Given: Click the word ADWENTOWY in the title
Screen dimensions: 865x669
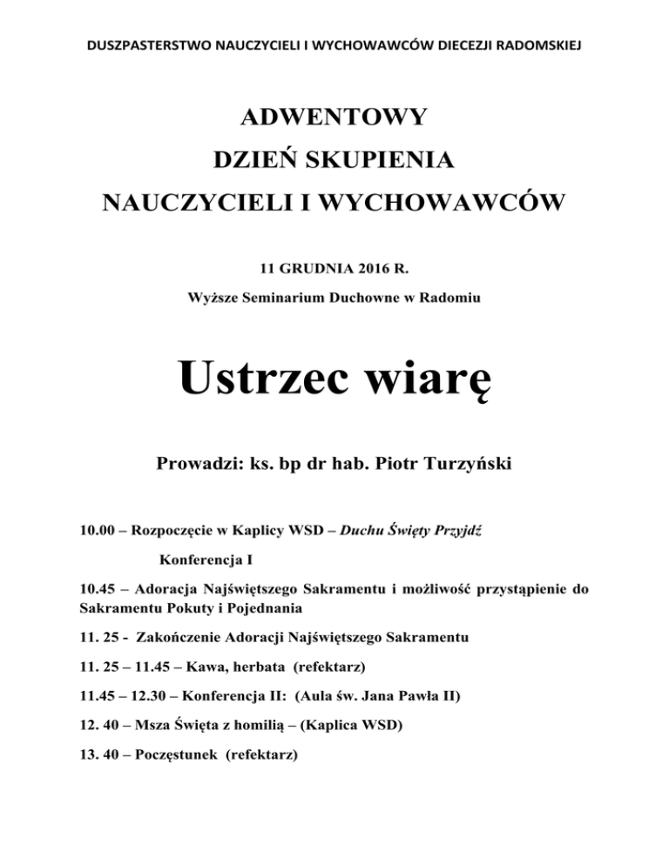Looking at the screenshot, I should (334, 117).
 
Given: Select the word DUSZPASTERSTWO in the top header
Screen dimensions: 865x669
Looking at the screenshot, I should (137, 44).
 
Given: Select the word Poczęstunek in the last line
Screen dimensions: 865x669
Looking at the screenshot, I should (176, 757).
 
